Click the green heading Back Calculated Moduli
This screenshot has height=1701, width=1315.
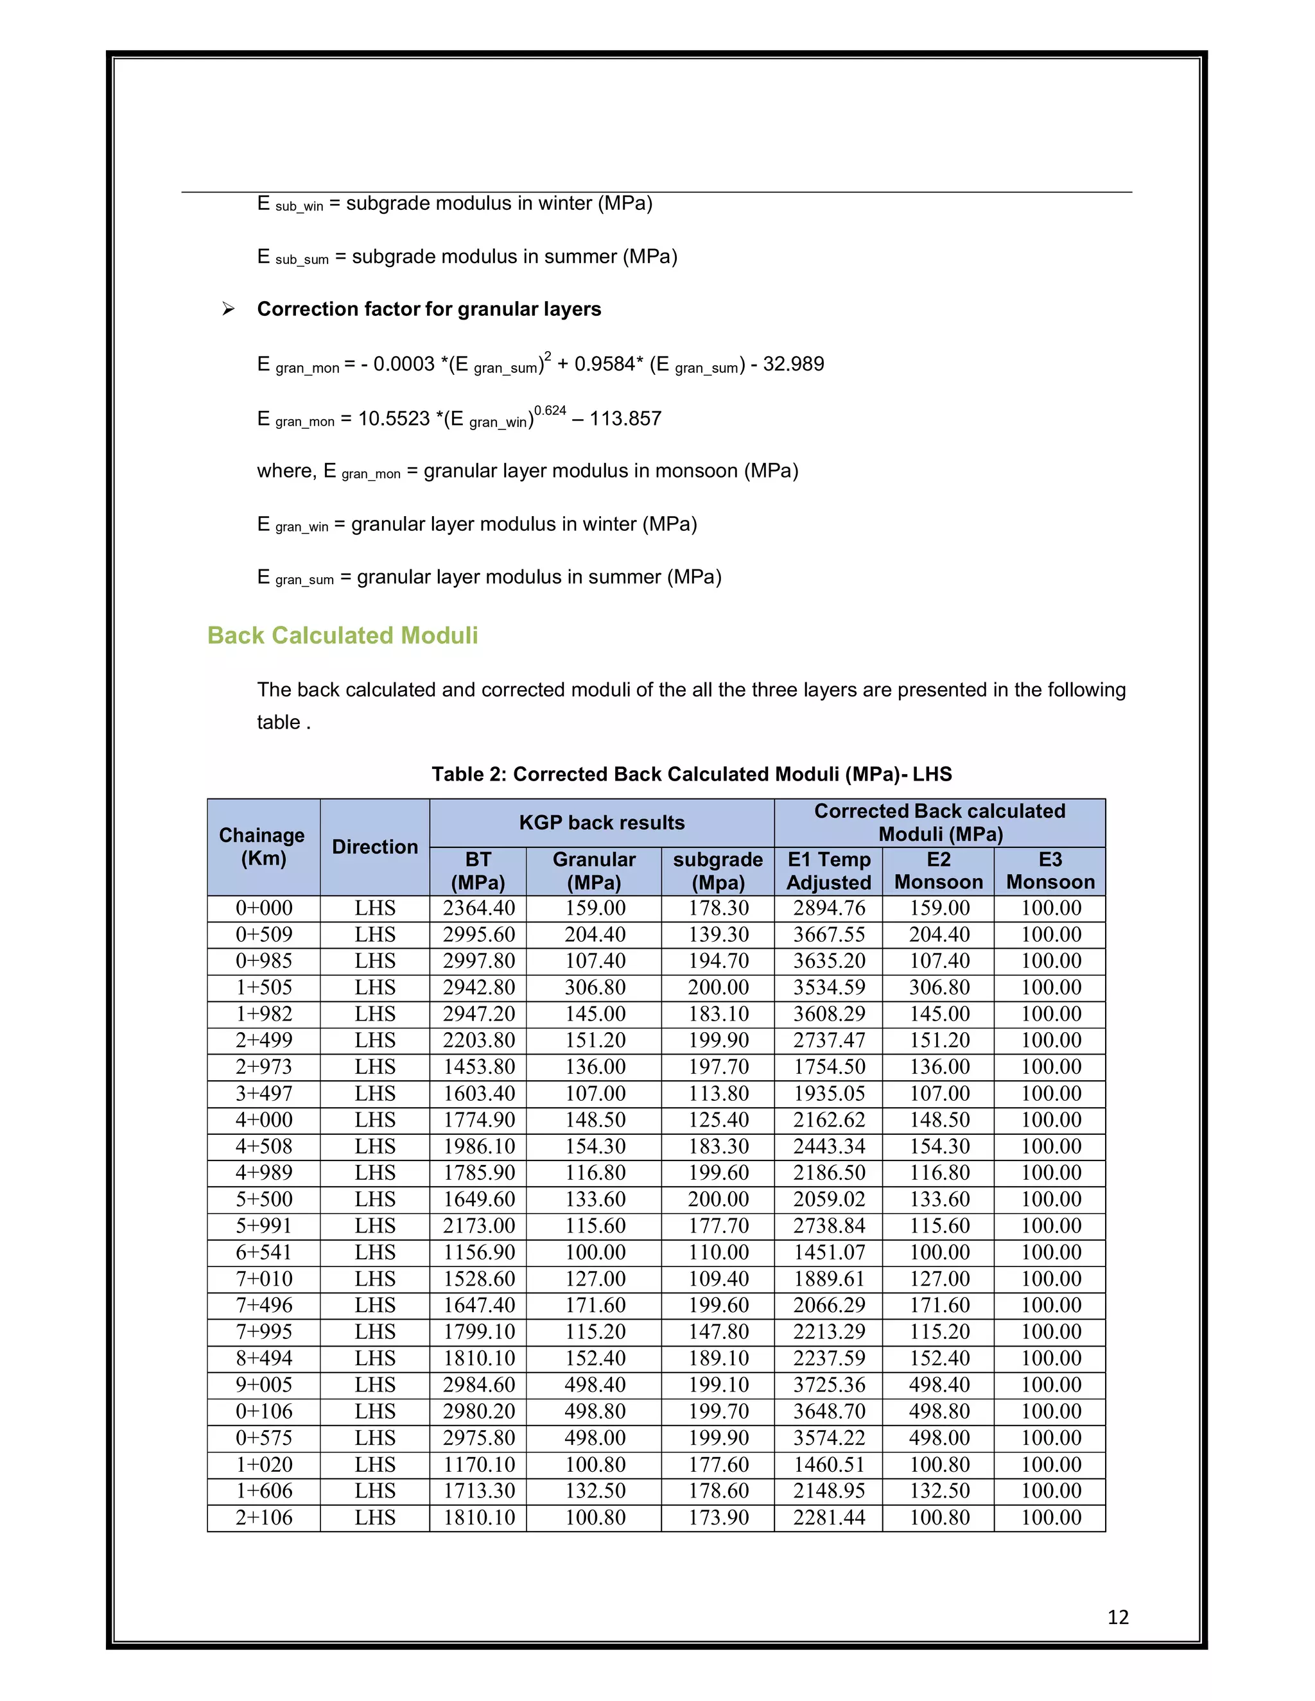pyautogui.click(x=342, y=635)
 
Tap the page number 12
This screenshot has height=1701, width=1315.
pyautogui.click(x=1117, y=1618)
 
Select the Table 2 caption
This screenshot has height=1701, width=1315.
pyautogui.click(x=692, y=774)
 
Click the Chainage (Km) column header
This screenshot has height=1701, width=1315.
pyautogui.click(x=263, y=847)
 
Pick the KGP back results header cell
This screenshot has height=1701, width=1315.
pyautogui.click(x=602, y=822)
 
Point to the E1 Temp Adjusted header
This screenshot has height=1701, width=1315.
pyautogui.click(x=828, y=871)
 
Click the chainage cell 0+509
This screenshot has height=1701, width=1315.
pyautogui.click(x=264, y=935)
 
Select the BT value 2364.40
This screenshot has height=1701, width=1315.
pyautogui.click(x=478, y=908)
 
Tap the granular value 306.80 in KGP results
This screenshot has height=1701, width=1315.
pyautogui.click(x=595, y=988)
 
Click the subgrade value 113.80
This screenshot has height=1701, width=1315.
pyautogui.click(x=717, y=1094)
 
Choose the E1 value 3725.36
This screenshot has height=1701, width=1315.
pyautogui.click(x=829, y=1385)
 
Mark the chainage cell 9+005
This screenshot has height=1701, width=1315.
pyautogui.click(x=264, y=1385)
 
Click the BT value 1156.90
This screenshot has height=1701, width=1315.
pyautogui.click(x=478, y=1252)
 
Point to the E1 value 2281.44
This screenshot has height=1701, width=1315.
pyautogui.click(x=829, y=1517)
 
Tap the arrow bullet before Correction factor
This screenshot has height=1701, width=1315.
pyautogui.click(x=228, y=309)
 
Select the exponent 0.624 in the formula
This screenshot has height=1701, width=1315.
pyautogui.click(x=550, y=410)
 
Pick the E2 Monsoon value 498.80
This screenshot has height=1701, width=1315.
pyautogui.click(x=939, y=1412)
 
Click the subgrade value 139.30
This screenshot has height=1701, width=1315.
pyautogui.click(x=717, y=935)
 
